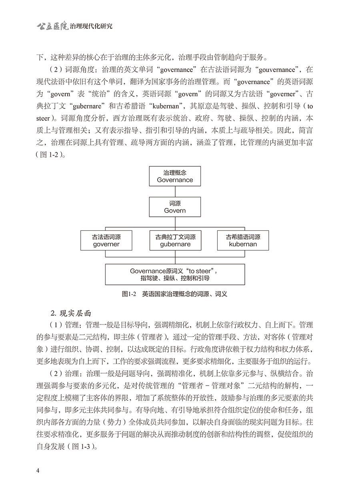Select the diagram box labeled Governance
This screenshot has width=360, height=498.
click(x=175, y=176)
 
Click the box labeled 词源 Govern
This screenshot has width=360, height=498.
click(x=175, y=207)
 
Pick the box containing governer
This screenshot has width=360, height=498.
click(x=106, y=240)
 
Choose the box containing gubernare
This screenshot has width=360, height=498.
click(x=175, y=240)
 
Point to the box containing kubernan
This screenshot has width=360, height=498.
click(x=243, y=240)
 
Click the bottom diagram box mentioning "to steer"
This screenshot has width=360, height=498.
click(x=175, y=274)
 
